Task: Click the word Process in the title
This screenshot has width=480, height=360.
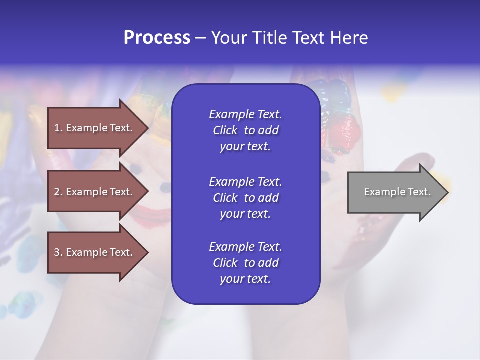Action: coord(157,38)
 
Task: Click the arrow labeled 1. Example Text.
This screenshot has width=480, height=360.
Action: coord(95,128)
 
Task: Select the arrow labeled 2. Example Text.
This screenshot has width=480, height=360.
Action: coord(95,192)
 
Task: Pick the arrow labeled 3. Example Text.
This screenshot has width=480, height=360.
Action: coord(95,252)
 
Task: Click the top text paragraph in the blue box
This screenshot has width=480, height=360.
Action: coord(245,130)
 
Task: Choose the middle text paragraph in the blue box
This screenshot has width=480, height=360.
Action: coord(245,198)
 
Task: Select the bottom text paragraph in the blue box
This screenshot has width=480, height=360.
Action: coord(245,263)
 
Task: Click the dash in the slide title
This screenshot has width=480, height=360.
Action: coord(200,38)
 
